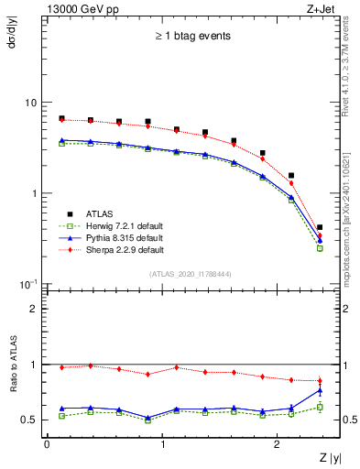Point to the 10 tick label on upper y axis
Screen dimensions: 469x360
tap(31, 103)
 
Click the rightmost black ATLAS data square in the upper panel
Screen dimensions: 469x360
tap(319, 227)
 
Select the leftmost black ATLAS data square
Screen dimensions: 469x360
tap(61, 119)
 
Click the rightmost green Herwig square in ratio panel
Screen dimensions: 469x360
tap(319, 407)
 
